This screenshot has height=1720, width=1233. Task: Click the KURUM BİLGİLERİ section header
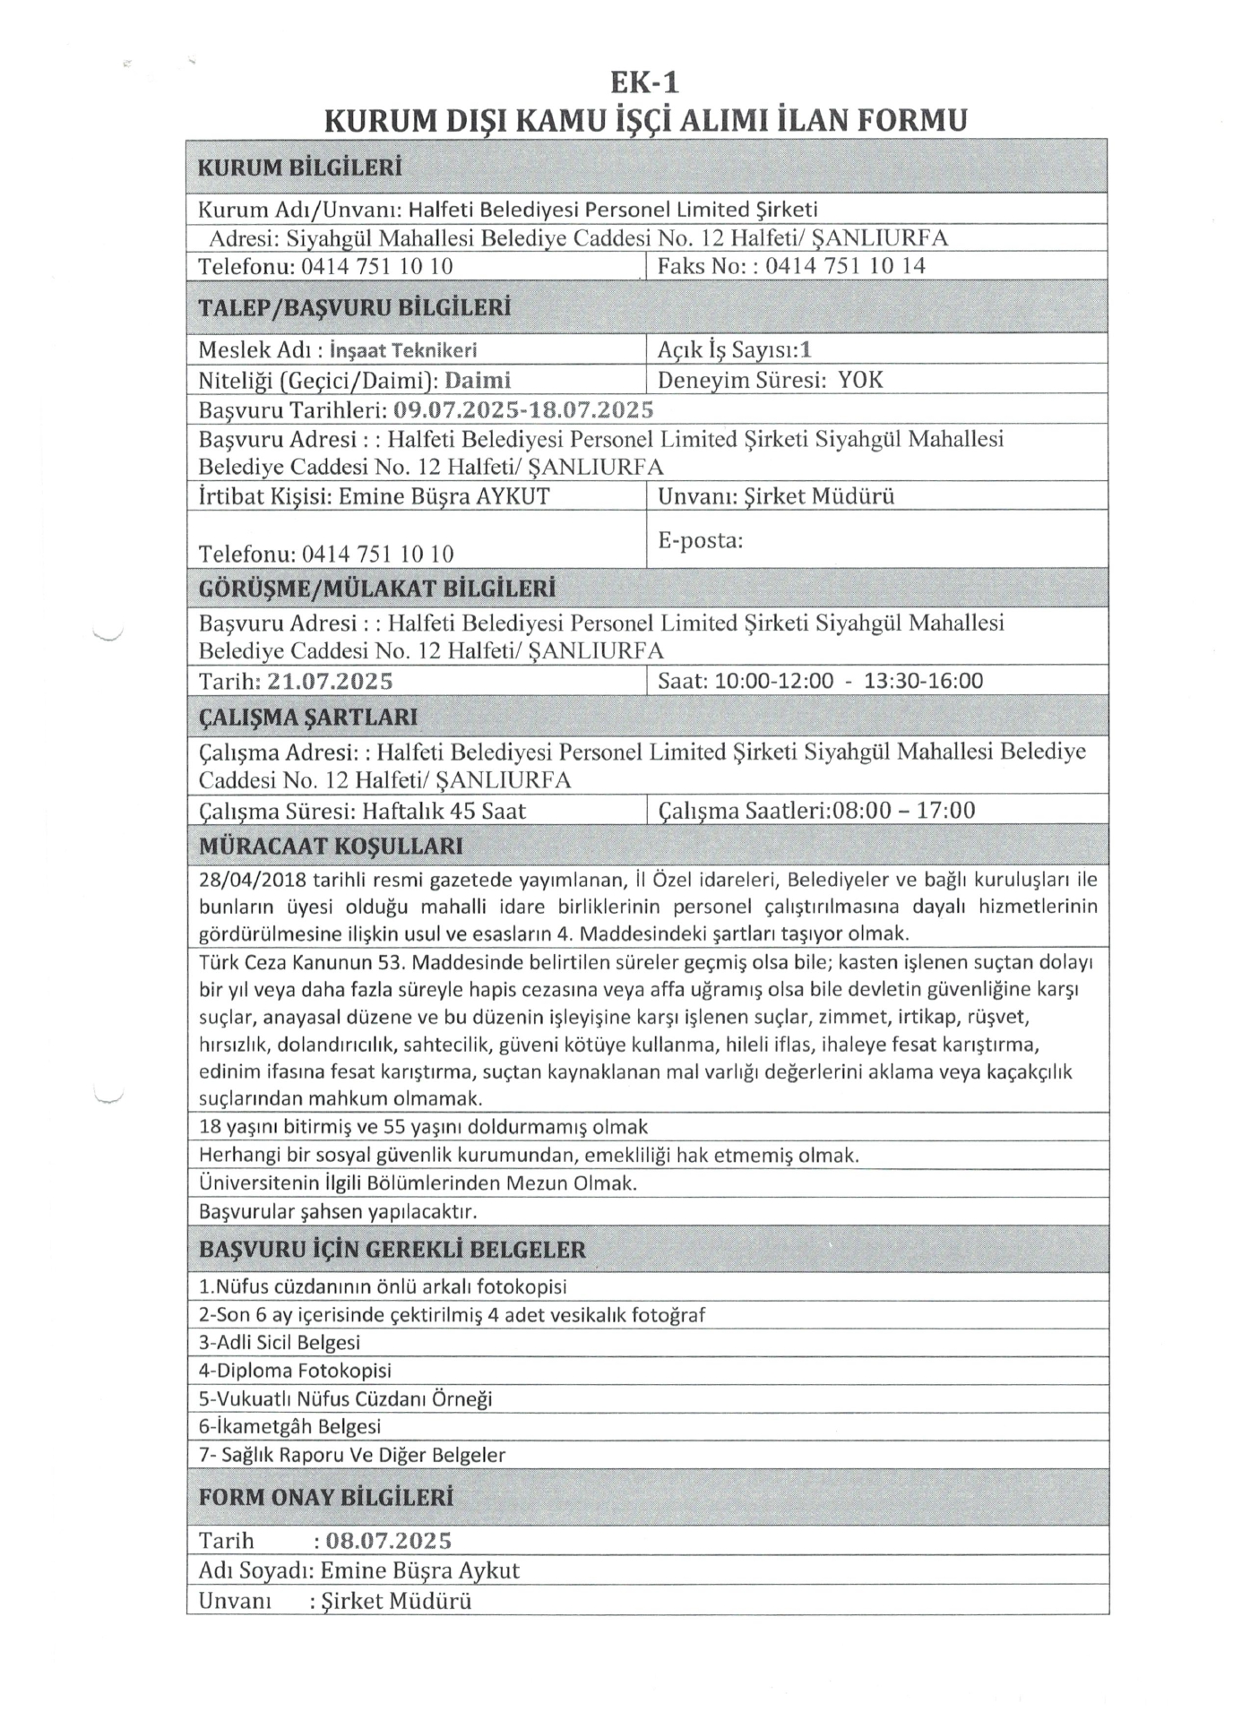click(299, 168)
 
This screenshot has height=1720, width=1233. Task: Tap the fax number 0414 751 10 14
click(845, 266)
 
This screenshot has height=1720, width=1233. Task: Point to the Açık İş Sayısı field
click(734, 350)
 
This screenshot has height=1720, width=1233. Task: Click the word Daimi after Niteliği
click(478, 380)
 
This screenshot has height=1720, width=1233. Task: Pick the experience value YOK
click(860, 380)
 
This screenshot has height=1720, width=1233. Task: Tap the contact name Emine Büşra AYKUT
click(444, 496)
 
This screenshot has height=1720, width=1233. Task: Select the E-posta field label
click(700, 540)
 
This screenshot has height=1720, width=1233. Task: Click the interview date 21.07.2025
click(331, 681)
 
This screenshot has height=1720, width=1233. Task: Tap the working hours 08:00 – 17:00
click(903, 811)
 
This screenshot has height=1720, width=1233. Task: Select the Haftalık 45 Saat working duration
click(444, 812)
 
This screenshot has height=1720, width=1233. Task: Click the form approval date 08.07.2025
click(388, 1541)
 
